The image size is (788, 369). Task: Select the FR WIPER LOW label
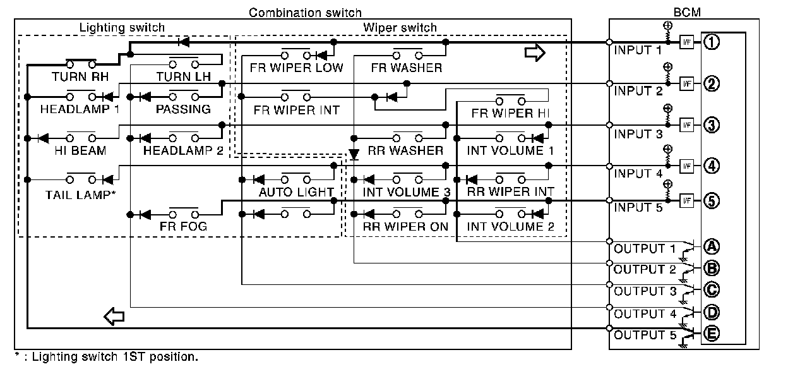click(x=296, y=68)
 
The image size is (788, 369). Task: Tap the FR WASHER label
click(x=407, y=68)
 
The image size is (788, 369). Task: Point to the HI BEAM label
click(x=80, y=150)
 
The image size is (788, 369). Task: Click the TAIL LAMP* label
click(x=80, y=195)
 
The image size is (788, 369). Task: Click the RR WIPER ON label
click(x=406, y=226)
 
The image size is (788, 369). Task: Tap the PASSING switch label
click(x=183, y=109)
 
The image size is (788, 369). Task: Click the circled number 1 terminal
click(x=712, y=42)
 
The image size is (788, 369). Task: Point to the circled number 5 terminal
click(x=712, y=201)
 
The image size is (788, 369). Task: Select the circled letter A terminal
click(x=712, y=246)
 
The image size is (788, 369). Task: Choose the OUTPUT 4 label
click(x=640, y=313)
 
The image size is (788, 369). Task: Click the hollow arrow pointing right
click(x=534, y=54)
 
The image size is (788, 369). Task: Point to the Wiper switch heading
click(x=400, y=28)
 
